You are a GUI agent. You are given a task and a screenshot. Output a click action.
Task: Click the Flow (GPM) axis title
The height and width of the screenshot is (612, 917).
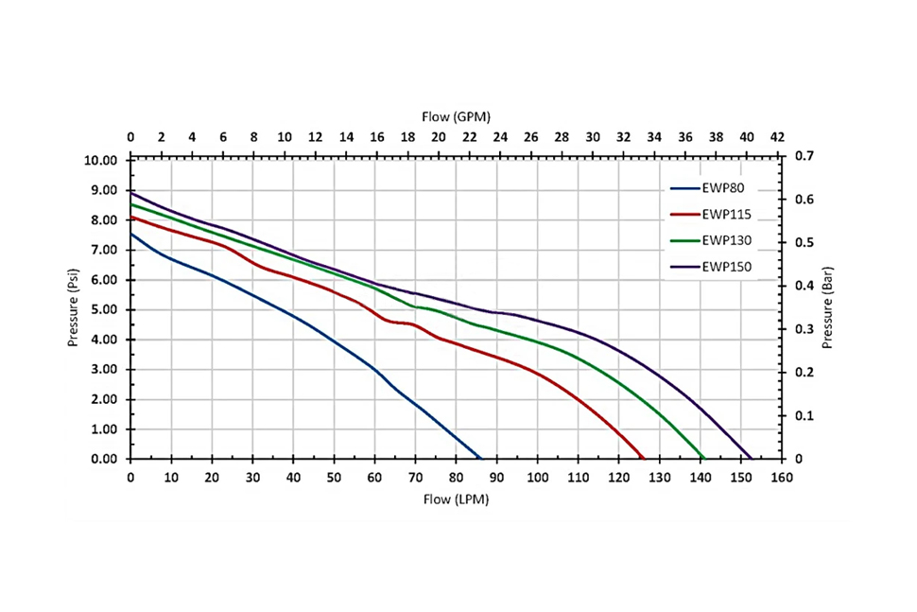pos(454,116)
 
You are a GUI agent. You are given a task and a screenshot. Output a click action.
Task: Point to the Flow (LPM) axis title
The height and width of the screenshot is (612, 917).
pos(457,498)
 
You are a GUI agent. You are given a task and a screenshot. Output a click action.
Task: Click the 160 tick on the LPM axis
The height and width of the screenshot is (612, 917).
pos(781,479)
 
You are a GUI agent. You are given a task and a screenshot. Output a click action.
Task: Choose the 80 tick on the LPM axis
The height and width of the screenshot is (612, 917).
pos(456,479)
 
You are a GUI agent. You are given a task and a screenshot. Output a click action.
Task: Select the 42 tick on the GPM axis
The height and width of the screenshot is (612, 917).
pos(777,137)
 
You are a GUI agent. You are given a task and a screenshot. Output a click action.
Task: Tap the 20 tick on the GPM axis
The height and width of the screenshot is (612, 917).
pos(439,137)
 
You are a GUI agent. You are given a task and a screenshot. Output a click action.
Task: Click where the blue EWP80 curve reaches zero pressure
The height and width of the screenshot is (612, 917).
pos(481,459)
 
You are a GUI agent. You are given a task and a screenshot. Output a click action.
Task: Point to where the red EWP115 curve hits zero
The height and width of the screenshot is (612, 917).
pos(643,459)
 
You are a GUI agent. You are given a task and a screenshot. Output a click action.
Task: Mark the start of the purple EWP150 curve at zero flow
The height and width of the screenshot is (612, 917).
pos(131,193)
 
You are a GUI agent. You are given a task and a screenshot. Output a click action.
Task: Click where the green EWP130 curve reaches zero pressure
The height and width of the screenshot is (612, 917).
pos(704,459)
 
